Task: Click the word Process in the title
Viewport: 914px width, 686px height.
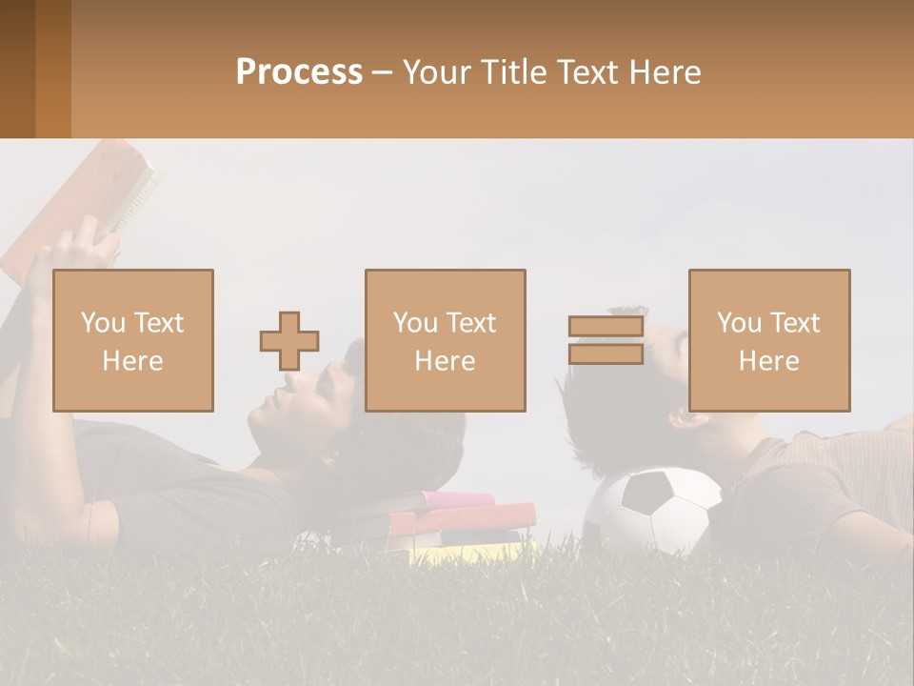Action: click(x=299, y=72)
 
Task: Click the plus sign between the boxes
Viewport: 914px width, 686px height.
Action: click(x=289, y=341)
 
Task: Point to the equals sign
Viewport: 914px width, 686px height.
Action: click(x=606, y=340)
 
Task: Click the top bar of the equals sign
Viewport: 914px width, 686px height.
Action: click(x=606, y=327)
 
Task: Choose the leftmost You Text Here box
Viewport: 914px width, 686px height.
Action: click(x=133, y=341)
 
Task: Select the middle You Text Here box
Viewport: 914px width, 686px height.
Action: click(x=446, y=341)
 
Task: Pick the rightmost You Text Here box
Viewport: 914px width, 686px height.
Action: click(x=769, y=341)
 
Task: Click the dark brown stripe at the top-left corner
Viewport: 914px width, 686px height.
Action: click(x=17, y=69)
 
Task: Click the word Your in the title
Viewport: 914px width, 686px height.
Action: click(x=437, y=72)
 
